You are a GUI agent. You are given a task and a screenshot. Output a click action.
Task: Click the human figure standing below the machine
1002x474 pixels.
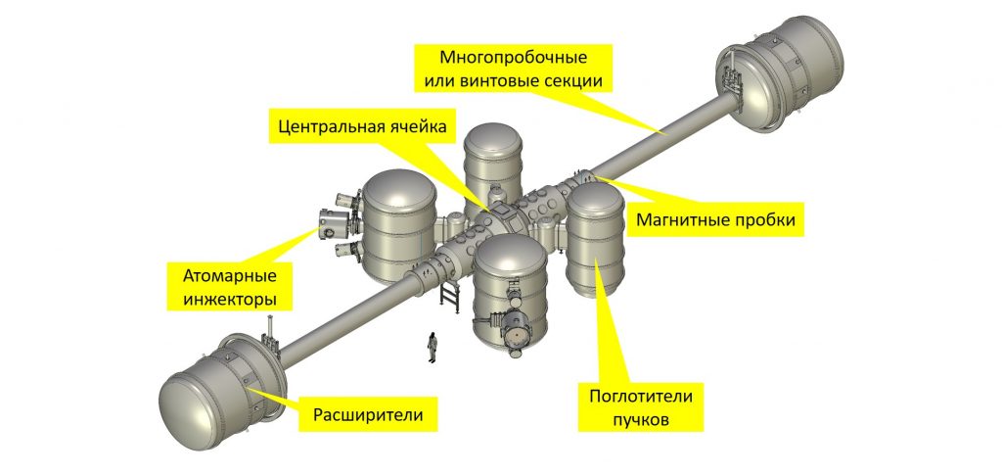click(430, 346)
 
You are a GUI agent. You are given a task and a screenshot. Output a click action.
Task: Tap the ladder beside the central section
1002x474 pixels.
click(450, 295)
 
